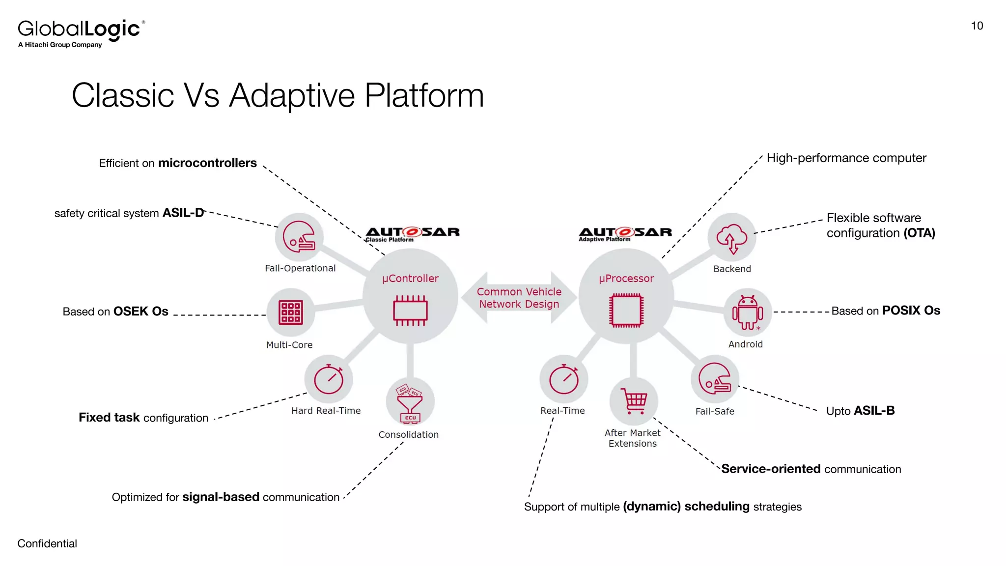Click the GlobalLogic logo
coord(81,32)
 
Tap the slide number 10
coord(977,26)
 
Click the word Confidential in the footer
coord(47,543)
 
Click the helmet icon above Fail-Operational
coord(299,237)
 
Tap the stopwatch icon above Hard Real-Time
coord(329,379)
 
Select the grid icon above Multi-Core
coord(290,312)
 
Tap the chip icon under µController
coord(410,311)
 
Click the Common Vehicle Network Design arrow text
coord(519,298)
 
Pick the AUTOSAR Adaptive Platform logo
coord(625,234)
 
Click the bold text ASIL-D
coord(183,213)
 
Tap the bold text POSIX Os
coord(911,311)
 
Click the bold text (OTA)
coord(919,233)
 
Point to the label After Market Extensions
coord(632,438)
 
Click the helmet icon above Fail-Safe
coord(715,379)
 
